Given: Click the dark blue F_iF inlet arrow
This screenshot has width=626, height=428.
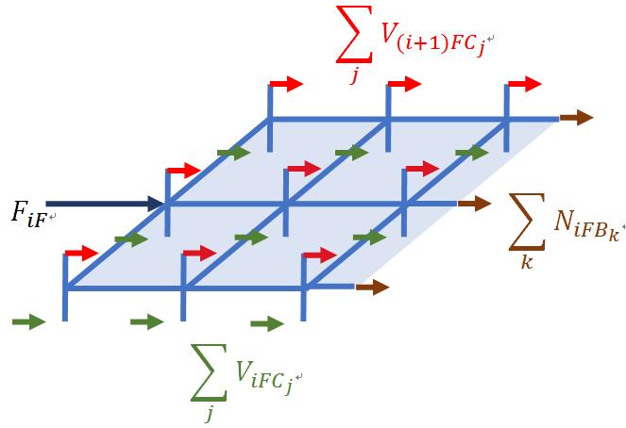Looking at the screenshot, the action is click(x=105, y=204).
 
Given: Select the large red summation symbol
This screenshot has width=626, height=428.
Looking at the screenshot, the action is click(x=354, y=34).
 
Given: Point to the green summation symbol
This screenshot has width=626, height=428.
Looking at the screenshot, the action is click(x=209, y=372).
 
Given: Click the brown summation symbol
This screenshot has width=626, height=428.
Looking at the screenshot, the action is click(x=527, y=222).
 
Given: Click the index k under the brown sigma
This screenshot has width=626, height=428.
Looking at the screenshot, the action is click(x=527, y=263).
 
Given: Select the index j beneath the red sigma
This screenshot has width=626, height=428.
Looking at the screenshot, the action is click(x=354, y=75).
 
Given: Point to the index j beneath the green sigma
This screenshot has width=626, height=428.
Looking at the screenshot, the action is click(x=209, y=413).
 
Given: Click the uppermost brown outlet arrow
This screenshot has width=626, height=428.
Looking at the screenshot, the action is click(x=576, y=118).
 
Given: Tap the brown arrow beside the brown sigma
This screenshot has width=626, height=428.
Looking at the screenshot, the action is click(x=474, y=204).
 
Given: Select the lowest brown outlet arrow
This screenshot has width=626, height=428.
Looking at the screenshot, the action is click(x=373, y=287).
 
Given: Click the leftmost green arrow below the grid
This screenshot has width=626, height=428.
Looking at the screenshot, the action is click(x=28, y=321).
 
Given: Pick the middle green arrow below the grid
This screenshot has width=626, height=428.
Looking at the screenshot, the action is click(x=147, y=321).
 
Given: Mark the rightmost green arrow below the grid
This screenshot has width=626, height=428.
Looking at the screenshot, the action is click(x=267, y=323).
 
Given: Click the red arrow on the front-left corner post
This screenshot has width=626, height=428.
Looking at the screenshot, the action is click(x=82, y=253).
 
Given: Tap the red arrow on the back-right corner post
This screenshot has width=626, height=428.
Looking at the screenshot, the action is click(x=525, y=84).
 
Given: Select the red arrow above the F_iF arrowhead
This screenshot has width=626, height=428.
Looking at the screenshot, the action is click(x=184, y=171).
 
